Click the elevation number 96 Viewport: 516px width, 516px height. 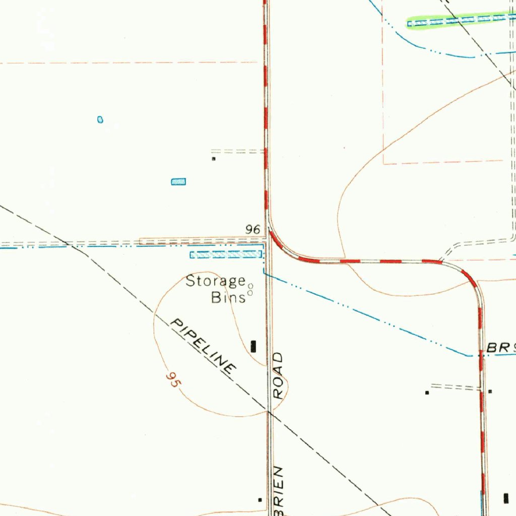tap(253, 230)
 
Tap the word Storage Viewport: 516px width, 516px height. tap(216, 281)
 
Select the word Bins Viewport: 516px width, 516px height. tap(228, 297)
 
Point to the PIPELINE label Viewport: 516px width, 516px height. tap(203, 346)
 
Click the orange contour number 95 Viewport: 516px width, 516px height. tap(173, 379)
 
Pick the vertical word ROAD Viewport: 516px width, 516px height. tap(279, 376)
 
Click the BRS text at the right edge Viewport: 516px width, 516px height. tap(501, 348)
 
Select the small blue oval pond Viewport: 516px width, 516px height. tap(100, 119)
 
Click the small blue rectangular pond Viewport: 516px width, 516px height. tap(178, 181)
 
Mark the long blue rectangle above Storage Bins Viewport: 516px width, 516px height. tap(226, 254)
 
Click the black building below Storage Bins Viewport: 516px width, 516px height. tap(253, 346)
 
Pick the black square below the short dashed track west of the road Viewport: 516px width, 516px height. tap(214, 159)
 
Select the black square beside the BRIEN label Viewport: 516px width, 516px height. tap(260, 500)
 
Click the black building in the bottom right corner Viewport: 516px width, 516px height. tap(506, 498)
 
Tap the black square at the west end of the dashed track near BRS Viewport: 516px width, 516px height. tap(427, 392)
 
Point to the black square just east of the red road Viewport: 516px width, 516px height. tap(490, 391)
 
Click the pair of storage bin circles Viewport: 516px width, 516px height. tap(250, 289)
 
